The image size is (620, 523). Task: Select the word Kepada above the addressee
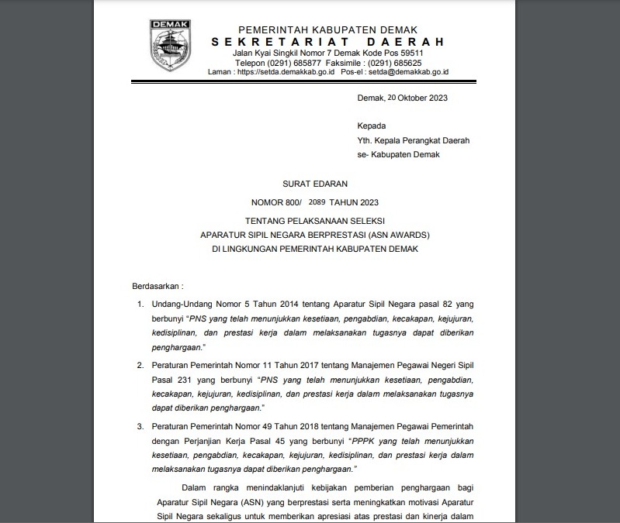pos(371,126)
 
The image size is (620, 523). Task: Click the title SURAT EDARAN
pos(314,184)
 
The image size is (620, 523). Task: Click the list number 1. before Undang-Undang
pos(140,305)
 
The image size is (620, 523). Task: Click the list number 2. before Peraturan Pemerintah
pos(140,364)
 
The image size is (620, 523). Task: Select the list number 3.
pos(140,427)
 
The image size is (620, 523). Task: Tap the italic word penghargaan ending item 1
pos(178,348)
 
